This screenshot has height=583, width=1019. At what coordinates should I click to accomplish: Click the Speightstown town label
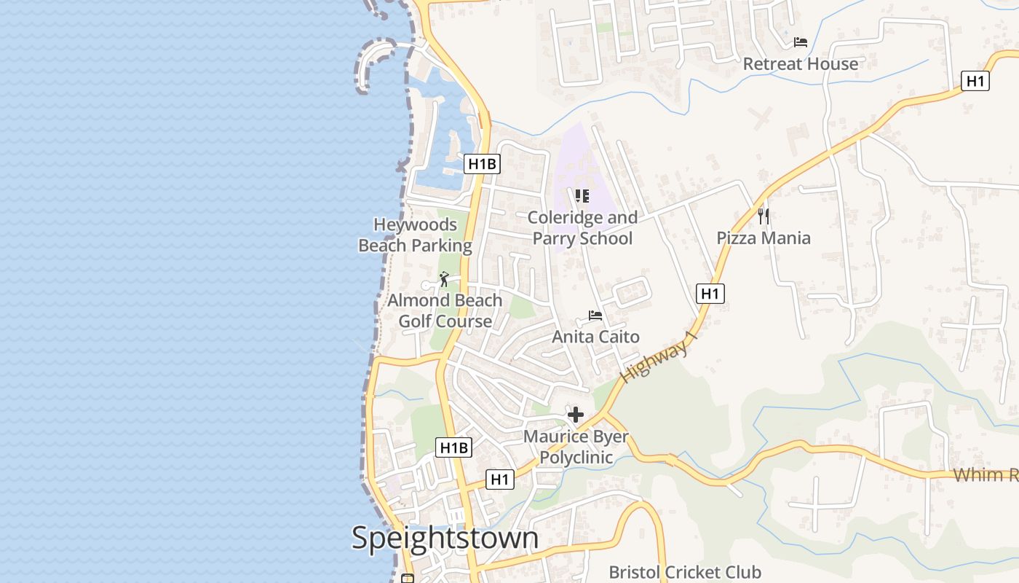pyautogui.click(x=445, y=539)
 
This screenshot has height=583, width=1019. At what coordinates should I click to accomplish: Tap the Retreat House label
pyautogui.click(x=800, y=64)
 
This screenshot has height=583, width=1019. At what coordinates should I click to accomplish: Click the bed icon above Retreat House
pyautogui.click(x=801, y=42)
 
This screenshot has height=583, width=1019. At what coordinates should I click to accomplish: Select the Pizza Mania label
pyautogui.click(x=764, y=238)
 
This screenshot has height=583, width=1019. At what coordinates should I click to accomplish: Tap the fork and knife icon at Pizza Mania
pyautogui.click(x=764, y=216)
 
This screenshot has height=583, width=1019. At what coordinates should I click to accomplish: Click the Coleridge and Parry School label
pyautogui.click(x=582, y=228)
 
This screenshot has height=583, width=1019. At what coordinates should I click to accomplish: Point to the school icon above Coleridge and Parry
pyautogui.click(x=582, y=196)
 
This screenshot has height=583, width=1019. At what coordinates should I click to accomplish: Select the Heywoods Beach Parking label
pyautogui.click(x=415, y=235)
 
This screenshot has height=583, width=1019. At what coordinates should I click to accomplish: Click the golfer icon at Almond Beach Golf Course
pyautogui.click(x=444, y=279)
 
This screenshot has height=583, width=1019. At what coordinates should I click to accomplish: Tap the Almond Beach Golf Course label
pyautogui.click(x=445, y=311)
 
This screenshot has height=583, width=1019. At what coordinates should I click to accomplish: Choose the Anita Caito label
pyautogui.click(x=595, y=337)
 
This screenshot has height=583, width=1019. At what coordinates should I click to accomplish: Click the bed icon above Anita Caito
pyautogui.click(x=595, y=316)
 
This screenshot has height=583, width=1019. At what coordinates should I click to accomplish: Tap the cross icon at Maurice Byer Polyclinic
pyautogui.click(x=576, y=415)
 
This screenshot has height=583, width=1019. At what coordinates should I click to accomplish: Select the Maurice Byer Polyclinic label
pyautogui.click(x=576, y=447)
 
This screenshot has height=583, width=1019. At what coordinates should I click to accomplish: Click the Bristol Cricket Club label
pyautogui.click(x=685, y=573)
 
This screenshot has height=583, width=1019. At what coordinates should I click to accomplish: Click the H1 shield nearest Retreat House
pyautogui.click(x=975, y=81)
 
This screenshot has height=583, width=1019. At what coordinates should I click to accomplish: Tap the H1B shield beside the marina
pyautogui.click(x=482, y=164)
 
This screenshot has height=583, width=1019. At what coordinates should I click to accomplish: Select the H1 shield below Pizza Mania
pyautogui.click(x=710, y=294)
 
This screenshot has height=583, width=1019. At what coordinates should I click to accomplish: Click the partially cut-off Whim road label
pyautogui.click(x=986, y=475)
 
